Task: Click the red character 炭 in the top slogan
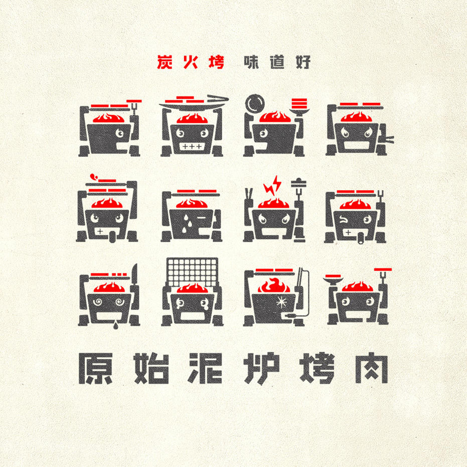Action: [x=165, y=62]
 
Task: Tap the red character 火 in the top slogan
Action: [x=191, y=62]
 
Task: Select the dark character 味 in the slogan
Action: [x=251, y=62]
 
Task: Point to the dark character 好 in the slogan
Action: [x=303, y=62]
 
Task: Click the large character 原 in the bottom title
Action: [x=96, y=368]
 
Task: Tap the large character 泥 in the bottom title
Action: [x=206, y=368]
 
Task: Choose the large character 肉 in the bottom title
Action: [x=371, y=368]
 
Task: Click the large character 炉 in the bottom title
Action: [x=261, y=368]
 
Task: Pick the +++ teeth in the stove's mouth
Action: [x=192, y=146]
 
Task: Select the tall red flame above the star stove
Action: [x=274, y=285]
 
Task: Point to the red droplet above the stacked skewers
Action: [x=94, y=177]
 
